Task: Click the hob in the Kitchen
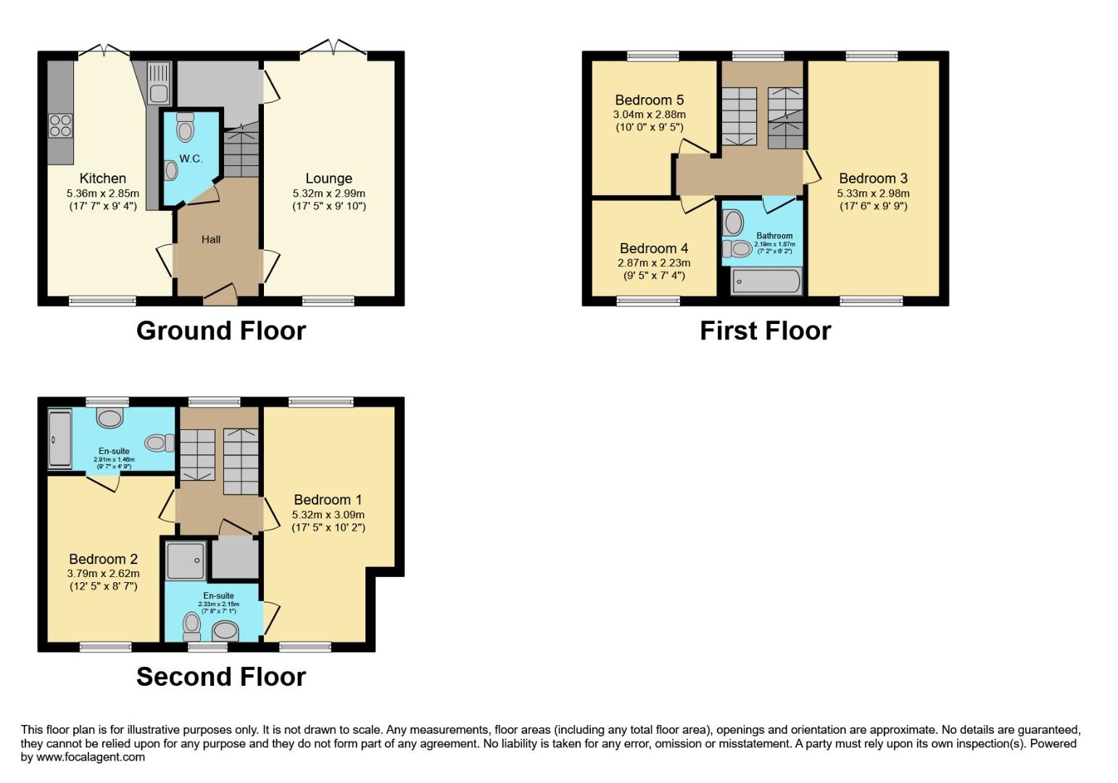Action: pos(61,126)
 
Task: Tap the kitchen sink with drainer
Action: pos(157,82)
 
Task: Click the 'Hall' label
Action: pos(211,239)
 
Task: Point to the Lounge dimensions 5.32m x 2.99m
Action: pos(328,194)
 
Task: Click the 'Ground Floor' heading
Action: pos(221,331)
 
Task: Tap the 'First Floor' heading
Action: pos(765,331)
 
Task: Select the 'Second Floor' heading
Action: pos(221,676)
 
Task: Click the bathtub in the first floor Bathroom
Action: pos(766,281)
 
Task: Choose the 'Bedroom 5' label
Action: pos(649,100)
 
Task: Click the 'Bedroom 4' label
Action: pos(653,248)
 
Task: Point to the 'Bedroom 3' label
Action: pos(873,178)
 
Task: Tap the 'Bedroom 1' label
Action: pos(328,500)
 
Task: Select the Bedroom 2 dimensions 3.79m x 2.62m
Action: pos(103,573)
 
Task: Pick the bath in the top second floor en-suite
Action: pos(59,439)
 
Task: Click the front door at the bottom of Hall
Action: pos(220,293)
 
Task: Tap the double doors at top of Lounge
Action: pos(334,49)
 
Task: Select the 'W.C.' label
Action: pos(191,159)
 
